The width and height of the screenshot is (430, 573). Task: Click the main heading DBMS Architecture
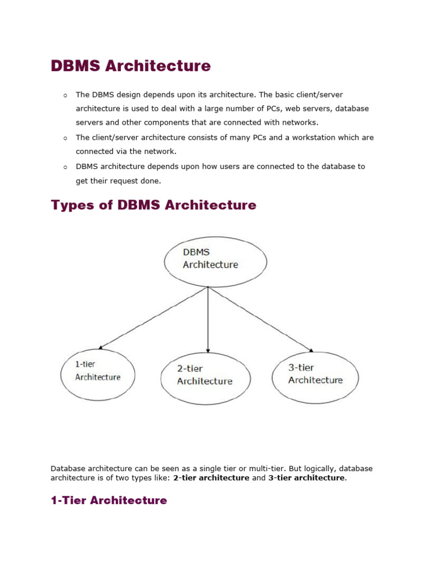pyautogui.click(x=130, y=66)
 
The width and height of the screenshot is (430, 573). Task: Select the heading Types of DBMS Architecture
pyautogui.click(x=153, y=205)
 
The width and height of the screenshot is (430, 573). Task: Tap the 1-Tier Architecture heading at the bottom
pyautogui.click(x=109, y=500)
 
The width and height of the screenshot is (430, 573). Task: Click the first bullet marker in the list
pyautogui.click(x=66, y=96)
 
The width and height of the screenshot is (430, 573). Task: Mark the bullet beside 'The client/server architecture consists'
pyautogui.click(x=66, y=138)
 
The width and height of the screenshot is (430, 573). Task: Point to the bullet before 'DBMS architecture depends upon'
pyautogui.click(x=66, y=167)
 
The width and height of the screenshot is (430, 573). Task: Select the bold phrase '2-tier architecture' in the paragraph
pyautogui.click(x=211, y=478)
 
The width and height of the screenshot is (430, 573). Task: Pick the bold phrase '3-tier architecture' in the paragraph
pyautogui.click(x=307, y=478)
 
